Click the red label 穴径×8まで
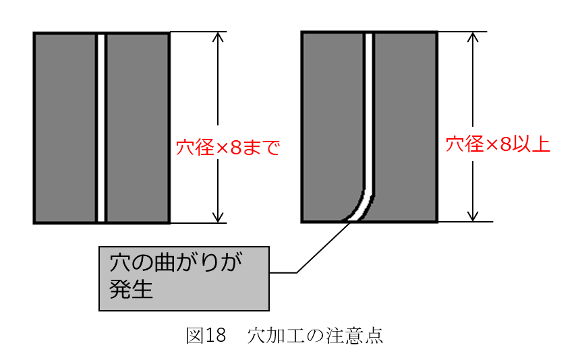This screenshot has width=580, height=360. click(x=227, y=148)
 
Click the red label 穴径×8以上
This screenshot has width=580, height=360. click(x=498, y=144)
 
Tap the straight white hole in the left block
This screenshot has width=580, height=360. click(x=101, y=128)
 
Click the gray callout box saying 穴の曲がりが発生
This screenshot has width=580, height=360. click(x=184, y=278)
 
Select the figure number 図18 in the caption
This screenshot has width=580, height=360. click(x=206, y=335)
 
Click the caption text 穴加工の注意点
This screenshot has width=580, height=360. click(x=315, y=335)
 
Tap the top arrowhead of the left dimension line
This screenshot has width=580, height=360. click(x=218, y=36)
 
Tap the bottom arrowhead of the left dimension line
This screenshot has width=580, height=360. click(x=218, y=218)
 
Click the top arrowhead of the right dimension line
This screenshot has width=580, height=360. click(x=473, y=36)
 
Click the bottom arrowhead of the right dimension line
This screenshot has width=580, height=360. click(x=473, y=216)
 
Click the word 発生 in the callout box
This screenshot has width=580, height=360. click(x=131, y=289)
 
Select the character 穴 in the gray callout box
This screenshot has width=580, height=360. click(x=120, y=262)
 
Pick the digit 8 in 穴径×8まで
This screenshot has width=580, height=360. click(x=235, y=148)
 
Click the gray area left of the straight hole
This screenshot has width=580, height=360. click(x=65, y=128)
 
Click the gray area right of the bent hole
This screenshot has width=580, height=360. click(x=406, y=128)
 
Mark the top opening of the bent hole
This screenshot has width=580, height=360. click(x=369, y=34)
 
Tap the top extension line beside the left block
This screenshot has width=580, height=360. click(x=198, y=32)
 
